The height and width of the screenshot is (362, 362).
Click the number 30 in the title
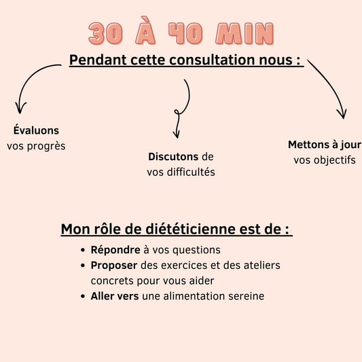tap(105, 34)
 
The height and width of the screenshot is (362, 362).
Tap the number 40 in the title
tap(185, 34)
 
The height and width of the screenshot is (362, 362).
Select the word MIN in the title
tap(245, 34)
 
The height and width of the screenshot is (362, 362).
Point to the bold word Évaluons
tap(36, 130)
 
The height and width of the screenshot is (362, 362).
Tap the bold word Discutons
tap(173, 156)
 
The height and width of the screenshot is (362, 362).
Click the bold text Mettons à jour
tap(325, 145)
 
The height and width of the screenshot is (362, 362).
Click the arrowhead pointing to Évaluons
tap(20, 109)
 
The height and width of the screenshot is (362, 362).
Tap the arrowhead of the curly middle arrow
tap(177, 135)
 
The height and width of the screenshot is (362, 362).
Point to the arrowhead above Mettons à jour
tap(342, 115)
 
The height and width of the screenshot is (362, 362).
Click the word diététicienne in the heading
tap(191, 229)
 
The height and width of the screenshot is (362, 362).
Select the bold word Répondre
tap(115, 250)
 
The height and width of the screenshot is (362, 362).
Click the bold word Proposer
tap(114, 266)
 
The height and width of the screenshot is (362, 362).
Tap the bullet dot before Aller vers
tap(83, 296)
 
